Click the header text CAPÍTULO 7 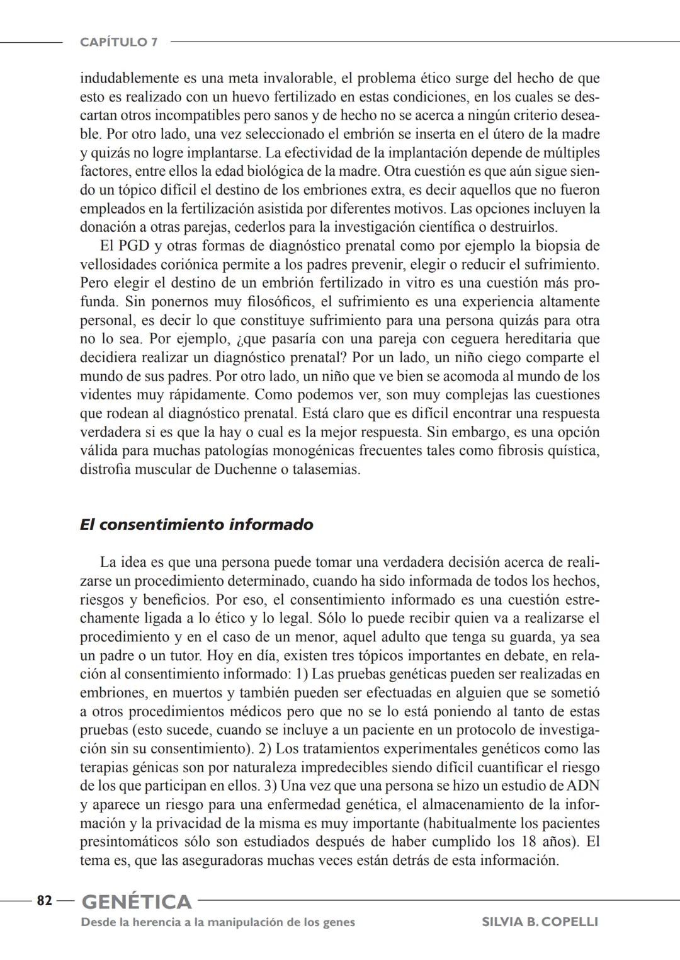point(119,42)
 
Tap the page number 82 point(44,901)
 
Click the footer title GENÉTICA point(137,902)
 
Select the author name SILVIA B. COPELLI point(540,922)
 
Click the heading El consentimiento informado point(196,525)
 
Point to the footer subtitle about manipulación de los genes point(218,922)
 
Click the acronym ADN point(583,786)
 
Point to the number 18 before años point(530,842)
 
